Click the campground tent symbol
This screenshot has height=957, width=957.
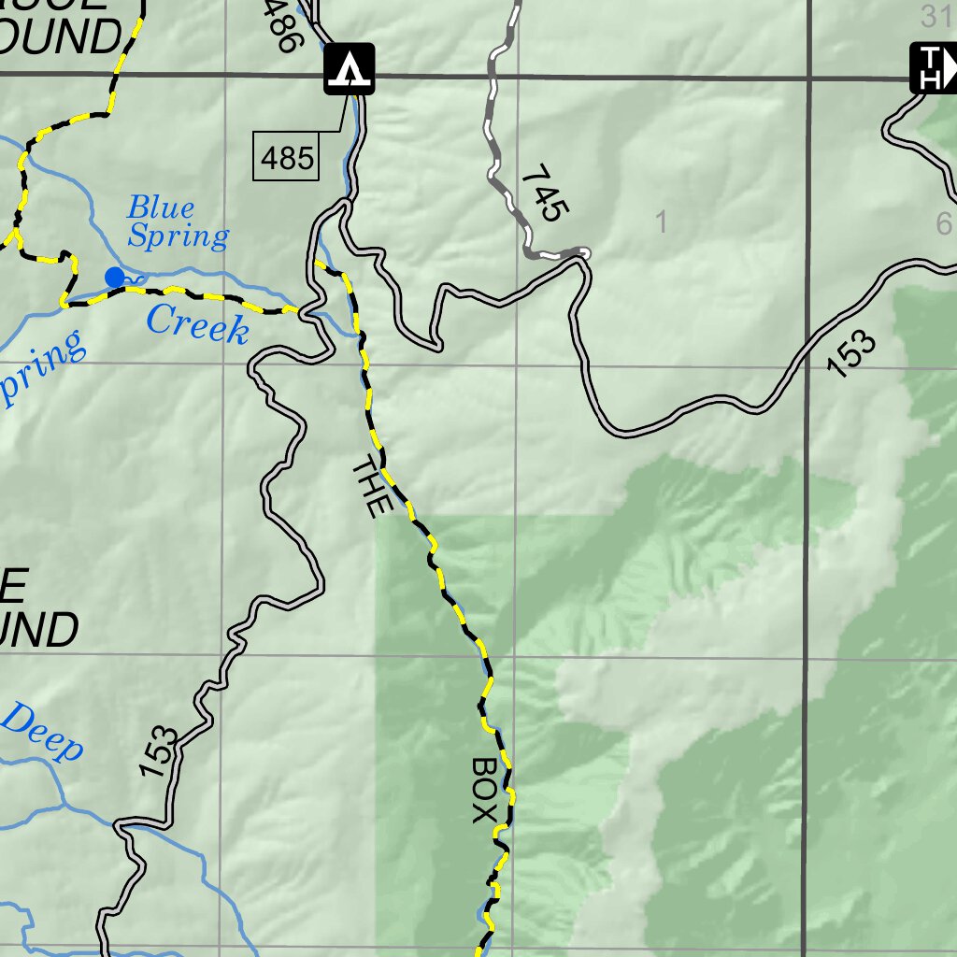click(350, 68)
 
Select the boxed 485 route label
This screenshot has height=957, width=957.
click(287, 156)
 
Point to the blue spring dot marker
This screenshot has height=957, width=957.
click(115, 277)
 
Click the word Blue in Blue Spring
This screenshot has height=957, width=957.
click(161, 207)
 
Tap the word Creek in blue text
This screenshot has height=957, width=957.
click(198, 325)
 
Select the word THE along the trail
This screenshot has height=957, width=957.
click(370, 486)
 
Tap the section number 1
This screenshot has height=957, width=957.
click(662, 222)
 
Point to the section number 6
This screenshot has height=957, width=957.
click(943, 223)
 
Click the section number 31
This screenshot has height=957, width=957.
click(935, 15)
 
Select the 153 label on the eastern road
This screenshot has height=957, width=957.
click(852, 354)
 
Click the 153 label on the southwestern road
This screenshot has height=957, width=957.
click(159, 752)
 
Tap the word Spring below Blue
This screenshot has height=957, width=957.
click(178, 236)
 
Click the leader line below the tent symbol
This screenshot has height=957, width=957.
click(344, 112)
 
